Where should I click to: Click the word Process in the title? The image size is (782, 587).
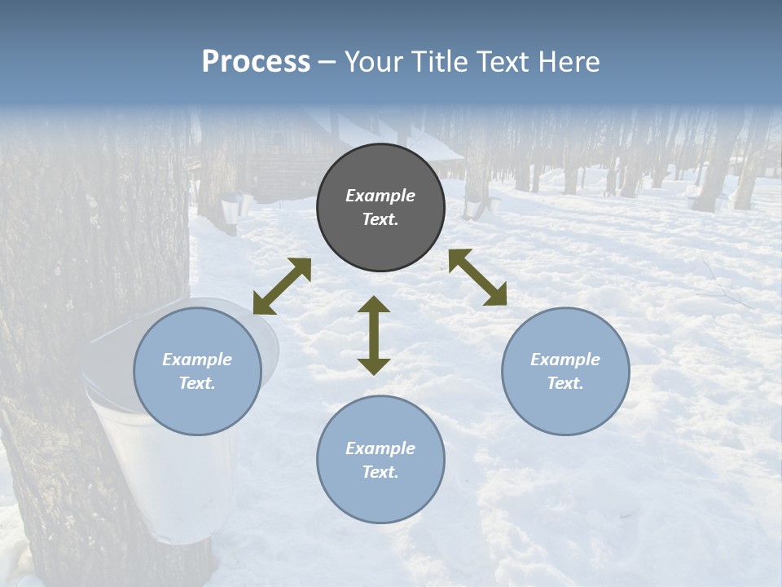click(256, 62)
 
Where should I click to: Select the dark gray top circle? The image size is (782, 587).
click(380, 236)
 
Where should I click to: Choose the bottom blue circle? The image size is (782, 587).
click(380, 497)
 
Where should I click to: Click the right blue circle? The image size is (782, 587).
click(565, 408)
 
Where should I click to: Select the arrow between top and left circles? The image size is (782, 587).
click(282, 286)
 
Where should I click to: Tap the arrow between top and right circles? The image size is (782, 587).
click(477, 277)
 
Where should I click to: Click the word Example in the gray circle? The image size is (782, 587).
click(380, 196)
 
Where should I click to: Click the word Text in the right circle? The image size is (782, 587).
click(565, 383)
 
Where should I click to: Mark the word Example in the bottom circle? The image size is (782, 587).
click(380, 448)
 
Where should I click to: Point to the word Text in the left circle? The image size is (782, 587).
click(197, 383)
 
